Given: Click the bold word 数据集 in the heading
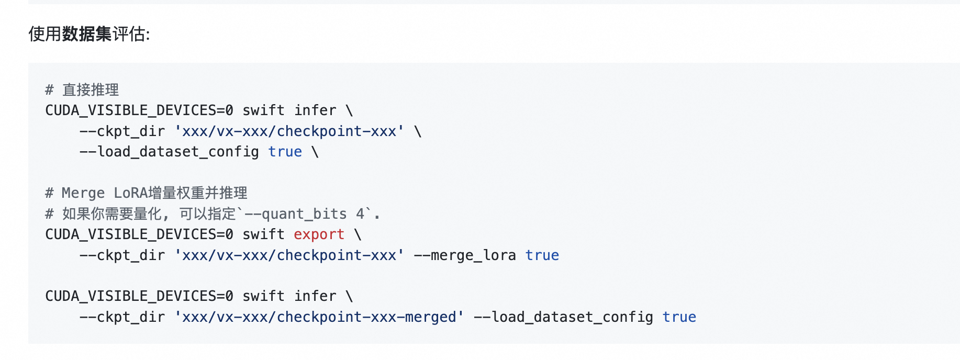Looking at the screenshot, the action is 87,34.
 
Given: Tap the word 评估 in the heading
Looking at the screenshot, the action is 129,34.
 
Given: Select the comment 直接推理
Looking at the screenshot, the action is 91,90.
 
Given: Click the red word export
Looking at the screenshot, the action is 319,234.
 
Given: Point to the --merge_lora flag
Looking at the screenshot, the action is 465,255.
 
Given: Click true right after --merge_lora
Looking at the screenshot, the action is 542,255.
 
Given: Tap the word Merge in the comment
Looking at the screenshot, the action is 83,193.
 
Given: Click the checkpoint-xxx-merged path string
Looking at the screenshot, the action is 319,317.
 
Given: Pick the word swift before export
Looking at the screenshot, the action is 263,234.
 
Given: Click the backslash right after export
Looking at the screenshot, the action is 358,234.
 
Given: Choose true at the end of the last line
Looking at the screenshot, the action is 679,317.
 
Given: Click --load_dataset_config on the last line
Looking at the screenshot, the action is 563,317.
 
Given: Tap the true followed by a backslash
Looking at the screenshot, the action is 285,152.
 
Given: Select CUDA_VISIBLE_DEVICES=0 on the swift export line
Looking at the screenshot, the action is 139,234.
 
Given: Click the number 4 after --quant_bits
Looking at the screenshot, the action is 360,214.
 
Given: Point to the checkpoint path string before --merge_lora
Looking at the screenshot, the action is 289,255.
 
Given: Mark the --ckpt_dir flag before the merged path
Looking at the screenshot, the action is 122,317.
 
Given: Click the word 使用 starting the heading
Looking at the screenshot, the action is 45,34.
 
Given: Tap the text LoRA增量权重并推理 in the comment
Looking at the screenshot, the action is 181,193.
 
